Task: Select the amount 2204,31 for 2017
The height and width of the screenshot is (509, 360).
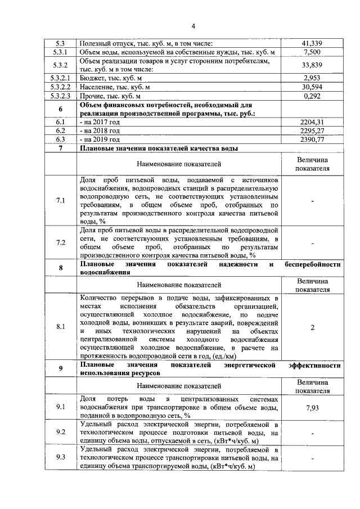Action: (312, 121)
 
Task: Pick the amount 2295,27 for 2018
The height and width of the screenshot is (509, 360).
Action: (312, 130)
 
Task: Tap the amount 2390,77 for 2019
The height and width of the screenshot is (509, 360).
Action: (312, 139)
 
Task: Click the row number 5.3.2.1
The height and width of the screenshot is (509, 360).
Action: (61, 78)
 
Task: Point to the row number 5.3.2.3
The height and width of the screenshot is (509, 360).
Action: (61, 96)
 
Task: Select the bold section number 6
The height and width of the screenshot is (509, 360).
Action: (61, 109)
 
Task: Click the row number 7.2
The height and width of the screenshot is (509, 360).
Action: (61, 242)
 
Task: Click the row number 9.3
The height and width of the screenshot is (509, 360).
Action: (61, 458)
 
